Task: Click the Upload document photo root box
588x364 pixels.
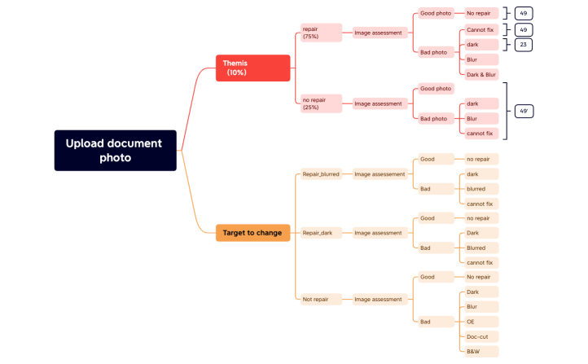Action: [x=115, y=150]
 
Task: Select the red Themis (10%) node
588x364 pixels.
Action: [x=252, y=68]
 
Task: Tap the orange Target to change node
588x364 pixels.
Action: [x=252, y=233]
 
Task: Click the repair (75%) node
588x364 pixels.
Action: [x=310, y=33]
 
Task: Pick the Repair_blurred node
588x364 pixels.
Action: [x=321, y=173]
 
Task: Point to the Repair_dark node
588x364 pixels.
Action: [x=317, y=233]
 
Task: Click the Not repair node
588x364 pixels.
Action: [x=315, y=299]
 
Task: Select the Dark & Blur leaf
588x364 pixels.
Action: [x=480, y=75]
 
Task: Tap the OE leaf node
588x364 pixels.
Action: [x=480, y=322]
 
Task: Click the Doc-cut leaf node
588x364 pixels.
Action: [x=480, y=336]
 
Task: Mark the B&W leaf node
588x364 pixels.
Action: [x=480, y=351]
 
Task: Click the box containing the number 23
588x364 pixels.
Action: [x=523, y=44]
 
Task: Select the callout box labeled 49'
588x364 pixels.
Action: [x=524, y=110]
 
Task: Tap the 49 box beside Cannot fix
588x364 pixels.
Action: [x=523, y=29]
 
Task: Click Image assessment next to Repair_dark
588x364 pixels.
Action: [x=379, y=233]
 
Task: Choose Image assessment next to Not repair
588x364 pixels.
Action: [x=379, y=299]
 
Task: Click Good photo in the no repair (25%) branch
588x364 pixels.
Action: [x=435, y=88]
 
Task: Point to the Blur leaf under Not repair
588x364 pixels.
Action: [x=480, y=307]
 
